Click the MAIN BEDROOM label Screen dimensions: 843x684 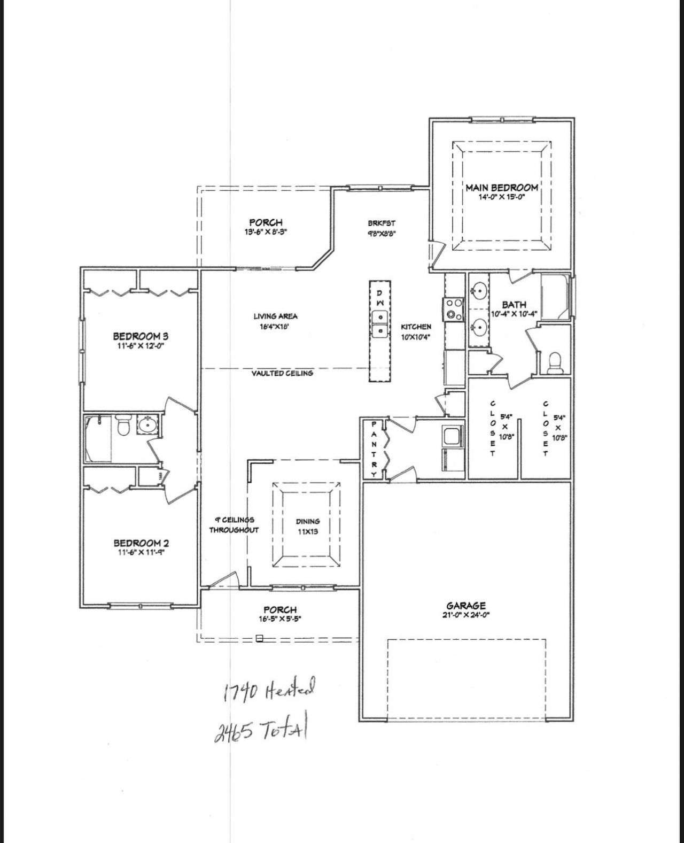point(501,188)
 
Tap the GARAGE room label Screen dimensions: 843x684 point(466,606)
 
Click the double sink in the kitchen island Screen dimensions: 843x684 point(380,324)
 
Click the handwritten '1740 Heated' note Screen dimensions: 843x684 point(269,689)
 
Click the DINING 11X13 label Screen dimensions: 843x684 point(308,526)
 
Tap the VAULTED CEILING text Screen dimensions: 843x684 point(282,373)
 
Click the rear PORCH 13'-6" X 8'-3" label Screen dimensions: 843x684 point(266,226)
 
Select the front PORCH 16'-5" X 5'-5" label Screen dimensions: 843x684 point(280,613)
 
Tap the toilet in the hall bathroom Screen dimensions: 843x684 point(123,426)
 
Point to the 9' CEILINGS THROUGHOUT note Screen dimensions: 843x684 point(234,524)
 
